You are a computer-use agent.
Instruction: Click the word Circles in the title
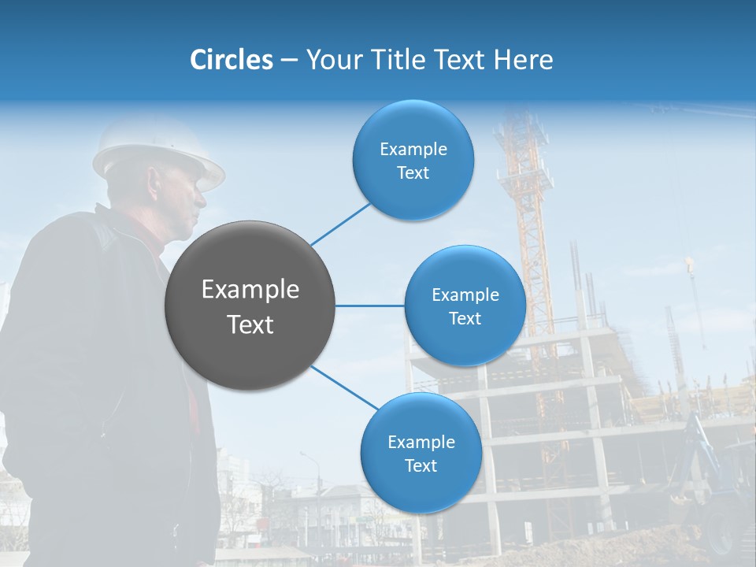(x=231, y=60)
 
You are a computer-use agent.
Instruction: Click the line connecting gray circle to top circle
(x=340, y=224)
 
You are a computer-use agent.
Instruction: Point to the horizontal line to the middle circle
(x=369, y=306)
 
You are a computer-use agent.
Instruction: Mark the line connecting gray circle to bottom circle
(x=343, y=387)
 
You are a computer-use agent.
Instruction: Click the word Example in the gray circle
(x=250, y=290)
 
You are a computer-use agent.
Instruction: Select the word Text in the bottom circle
(x=421, y=465)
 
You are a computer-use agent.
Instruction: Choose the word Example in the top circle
(x=413, y=149)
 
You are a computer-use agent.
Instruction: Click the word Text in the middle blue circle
(x=465, y=318)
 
